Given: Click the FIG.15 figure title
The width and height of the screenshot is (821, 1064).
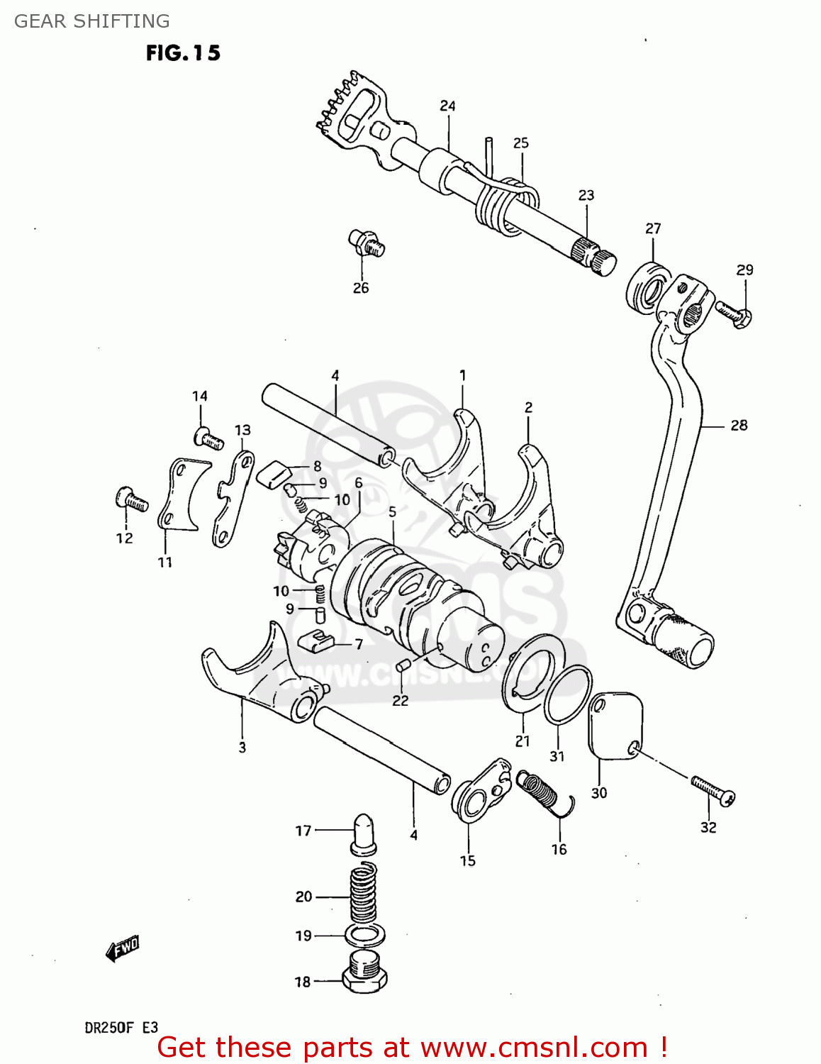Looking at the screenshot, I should pos(183,53).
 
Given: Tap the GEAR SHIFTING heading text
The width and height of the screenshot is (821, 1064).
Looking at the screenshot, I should pos(92,21).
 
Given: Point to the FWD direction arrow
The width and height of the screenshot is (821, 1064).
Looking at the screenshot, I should pos(122,948).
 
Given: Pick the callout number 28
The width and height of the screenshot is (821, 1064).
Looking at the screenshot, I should pos(739,425).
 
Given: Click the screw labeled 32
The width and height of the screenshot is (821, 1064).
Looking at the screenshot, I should pos(713,790).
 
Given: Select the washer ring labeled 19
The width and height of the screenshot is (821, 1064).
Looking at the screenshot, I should pos(365,935).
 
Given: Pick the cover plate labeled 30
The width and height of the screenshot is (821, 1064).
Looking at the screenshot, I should pos(614,724).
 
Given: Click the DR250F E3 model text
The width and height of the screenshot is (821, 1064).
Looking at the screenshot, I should pos(121,1027).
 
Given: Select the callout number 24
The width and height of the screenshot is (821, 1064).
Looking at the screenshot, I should pos(447,106).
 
